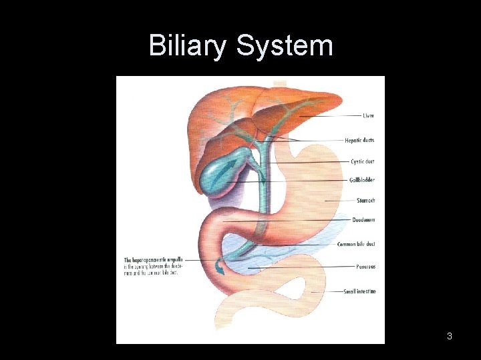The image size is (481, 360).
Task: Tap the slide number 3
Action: pyautogui.click(x=450, y=336)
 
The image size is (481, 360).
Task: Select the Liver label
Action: pyautogui.click(x=368, y=116)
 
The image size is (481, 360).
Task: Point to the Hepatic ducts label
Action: pyautogui.click(x=359, y=141)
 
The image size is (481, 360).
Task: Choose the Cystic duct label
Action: pyautogui.click(x=362, y=161)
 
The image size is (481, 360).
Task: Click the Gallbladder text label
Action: pyautogui.click(x=361, y=180)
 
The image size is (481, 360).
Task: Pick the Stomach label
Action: pyautogui.click(x=365, y=200)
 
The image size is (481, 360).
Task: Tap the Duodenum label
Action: pyautogui.click(x=363, y=219)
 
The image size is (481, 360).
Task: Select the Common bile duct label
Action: pyautogui.click(x=355, y=245)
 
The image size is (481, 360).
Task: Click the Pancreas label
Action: pyautogui.click(x=365, y=267)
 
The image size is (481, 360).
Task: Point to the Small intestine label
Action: pyautogui.click(x=359, y=291)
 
